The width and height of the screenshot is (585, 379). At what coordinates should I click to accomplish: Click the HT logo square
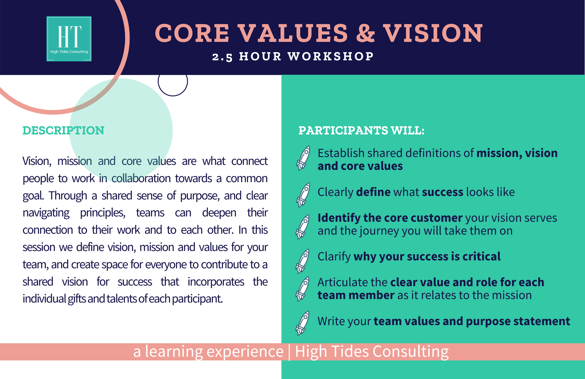coord(69,39)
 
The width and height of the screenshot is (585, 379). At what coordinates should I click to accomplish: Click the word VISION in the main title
coord(433,33)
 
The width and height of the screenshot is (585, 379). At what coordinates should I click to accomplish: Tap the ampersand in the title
coord(365,33)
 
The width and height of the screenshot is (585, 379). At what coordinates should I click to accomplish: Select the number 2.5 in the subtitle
coord(222,57)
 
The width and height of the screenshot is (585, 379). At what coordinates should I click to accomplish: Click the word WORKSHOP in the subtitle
coord(331,56)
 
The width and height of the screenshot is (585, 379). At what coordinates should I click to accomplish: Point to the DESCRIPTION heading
coord(63,130)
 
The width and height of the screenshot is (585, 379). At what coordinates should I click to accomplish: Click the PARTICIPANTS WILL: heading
coord(361,130)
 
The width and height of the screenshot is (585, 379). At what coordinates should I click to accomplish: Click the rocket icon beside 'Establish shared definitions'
coord(303,158)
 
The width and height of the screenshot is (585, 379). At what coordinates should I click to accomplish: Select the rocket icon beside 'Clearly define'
coord(303,195)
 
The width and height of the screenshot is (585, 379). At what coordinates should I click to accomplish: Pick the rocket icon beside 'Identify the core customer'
coord(303,227)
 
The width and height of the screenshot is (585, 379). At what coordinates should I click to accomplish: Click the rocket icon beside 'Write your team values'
coord(303,323)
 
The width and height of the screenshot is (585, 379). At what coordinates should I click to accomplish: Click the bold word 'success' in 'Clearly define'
coord(443,192)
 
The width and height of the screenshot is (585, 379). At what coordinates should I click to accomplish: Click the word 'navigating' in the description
coord(46,213)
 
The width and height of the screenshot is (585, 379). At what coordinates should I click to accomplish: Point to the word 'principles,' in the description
coord(103,213)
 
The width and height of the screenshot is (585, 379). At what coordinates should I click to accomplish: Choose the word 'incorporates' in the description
coord(216,282)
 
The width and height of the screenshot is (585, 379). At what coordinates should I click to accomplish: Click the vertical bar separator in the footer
coord(289,352)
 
